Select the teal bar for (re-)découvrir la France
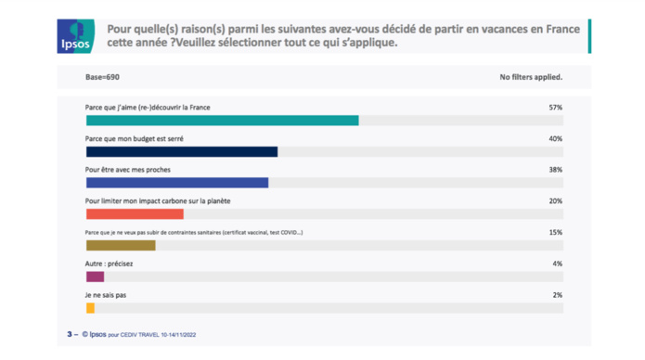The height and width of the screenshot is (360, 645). tap(222, 121)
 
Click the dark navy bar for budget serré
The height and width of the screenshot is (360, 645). tap(181, 151)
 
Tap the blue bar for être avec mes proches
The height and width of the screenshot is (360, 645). tap(176, 183)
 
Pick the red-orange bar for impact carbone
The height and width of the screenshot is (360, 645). tap(135, 214)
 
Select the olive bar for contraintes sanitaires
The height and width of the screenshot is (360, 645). tap(121, 246)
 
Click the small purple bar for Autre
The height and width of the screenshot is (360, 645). tap(95, 276)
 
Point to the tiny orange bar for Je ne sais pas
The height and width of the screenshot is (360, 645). tap(90, 308)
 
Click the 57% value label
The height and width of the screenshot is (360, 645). tap(555, 108)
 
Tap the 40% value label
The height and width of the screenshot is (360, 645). tap(555, 138)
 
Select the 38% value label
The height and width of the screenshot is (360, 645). tap(555, 170)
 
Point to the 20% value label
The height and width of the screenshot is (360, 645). tap(555, 201)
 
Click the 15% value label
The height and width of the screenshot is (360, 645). tap(555, 233)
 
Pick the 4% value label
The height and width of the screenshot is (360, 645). tap(557, 264)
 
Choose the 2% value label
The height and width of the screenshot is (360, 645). tap(557, 295)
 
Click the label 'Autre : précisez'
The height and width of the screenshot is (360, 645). tap(109, 264)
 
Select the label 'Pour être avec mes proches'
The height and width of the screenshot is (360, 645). tap(127, 170)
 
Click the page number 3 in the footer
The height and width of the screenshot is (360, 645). tap(68, 333)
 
